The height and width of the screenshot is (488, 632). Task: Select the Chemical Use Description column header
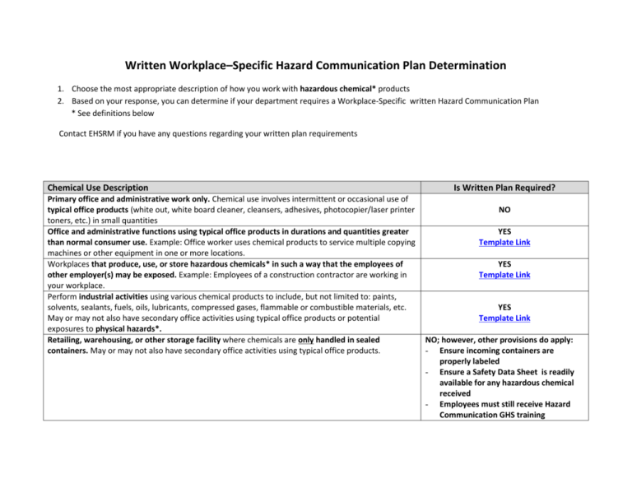click(x=98, y=188)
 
